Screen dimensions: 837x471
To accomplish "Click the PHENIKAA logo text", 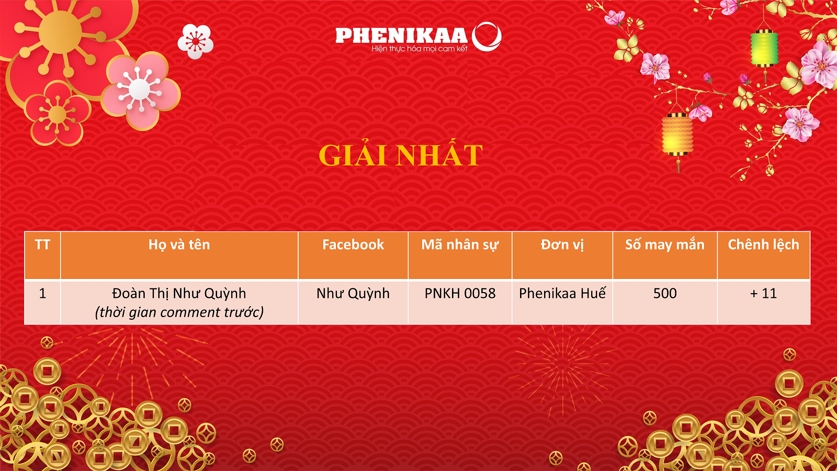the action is coord(402,36).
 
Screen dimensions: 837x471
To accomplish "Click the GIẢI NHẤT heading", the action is coord(401,155).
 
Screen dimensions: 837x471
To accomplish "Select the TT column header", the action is coord(42,244).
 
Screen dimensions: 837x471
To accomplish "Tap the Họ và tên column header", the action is coord(179,245).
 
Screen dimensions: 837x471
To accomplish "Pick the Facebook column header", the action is coord(353,244).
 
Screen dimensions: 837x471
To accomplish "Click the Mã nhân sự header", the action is coord(460,245).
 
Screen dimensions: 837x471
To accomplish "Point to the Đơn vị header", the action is coord(562,245).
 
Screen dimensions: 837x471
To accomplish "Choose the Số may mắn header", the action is coord(665,244).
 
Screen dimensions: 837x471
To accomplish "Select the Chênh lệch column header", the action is coord(763,245).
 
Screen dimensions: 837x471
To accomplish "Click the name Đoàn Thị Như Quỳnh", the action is coord(179,294).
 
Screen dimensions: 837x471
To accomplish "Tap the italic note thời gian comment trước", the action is coord(179,312).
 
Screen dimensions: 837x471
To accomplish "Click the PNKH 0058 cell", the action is coord(460,294).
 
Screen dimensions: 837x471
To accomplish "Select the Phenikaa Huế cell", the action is coord(562,293).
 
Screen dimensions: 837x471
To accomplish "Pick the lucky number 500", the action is coord(665,294).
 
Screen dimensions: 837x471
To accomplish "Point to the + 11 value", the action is coord(763,294).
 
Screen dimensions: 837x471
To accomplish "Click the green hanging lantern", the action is coord(764,49).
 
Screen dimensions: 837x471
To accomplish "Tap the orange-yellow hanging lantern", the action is coord(677,134).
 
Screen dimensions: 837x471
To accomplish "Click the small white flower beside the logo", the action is coord(196,41).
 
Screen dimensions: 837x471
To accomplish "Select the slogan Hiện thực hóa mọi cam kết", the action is coord(420,49).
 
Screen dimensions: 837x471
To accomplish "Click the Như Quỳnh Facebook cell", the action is coord(353,294).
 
